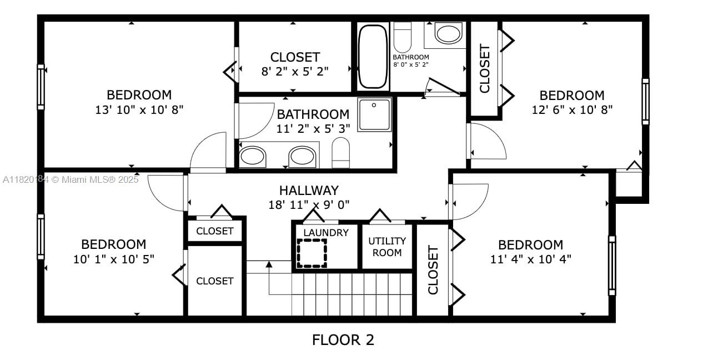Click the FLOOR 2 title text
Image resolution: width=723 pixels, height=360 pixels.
[x=343, y=339]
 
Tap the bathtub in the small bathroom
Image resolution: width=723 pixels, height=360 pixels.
[x=372, y=56]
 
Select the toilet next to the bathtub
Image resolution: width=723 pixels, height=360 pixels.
[x=401, y=37]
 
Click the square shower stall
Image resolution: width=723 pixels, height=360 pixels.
[x=374, y=114]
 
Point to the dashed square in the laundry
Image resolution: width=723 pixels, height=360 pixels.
[x=312, y=253]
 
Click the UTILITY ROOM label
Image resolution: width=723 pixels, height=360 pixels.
[x=387, y=247]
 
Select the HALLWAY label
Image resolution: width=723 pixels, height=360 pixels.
[x=309, y=191]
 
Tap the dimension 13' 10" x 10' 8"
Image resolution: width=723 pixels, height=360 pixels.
[x=139, y=109]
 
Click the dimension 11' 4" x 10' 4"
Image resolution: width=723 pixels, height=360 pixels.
[x=530, y=258]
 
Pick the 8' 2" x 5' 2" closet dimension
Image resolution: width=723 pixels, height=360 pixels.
[x=295, y=71]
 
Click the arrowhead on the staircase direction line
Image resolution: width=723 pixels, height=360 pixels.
[x=269, y=264]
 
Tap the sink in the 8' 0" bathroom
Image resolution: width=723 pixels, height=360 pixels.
[x=448, y=33]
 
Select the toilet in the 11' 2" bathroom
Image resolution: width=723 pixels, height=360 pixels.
[x=340, y=152]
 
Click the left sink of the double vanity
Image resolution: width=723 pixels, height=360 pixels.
[x=252, y=156]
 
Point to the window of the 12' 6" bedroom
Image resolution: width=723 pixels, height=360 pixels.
[x=645, y=101]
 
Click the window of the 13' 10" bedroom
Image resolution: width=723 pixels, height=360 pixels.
[x=41, y=87]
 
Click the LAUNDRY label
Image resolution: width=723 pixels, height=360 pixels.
[x=326, y=233]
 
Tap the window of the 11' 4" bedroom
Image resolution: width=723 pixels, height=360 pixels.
[x=612, y=266]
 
